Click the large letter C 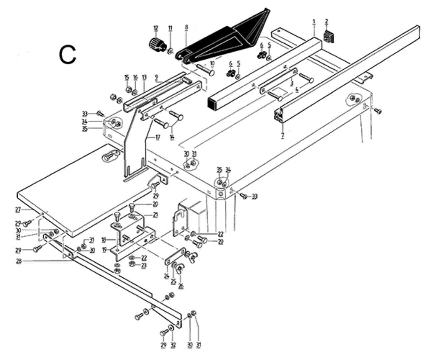click(x=68, y=55)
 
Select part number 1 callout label click(x=314, y=22)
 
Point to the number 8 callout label click(x=187, y=28)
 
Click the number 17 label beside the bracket click(x=158, y=137)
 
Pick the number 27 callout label click(x=18, y=210)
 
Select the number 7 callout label click(x=282, y=136)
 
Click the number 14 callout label click(x=172, y=137)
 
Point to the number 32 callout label click(x=173, y=345)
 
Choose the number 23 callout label click(x=144, y=265)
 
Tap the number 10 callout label click(x=212, y=63)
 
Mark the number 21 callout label click(x=155, y=215)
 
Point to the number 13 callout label click(x=144, y=77)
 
